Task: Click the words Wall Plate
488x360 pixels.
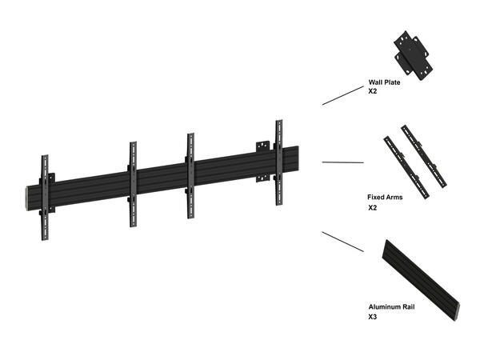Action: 384,82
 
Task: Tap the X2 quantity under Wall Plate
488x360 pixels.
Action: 373,91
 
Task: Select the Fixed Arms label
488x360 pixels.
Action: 384,197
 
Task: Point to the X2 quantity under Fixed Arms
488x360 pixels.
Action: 373,207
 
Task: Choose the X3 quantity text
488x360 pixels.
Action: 373,317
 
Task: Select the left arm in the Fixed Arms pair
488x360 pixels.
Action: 399,162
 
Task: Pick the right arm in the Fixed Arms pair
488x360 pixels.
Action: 424,156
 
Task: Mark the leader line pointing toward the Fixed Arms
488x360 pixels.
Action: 342,162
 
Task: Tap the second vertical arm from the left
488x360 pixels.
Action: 133,184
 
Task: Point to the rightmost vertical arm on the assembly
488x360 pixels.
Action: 278,162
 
